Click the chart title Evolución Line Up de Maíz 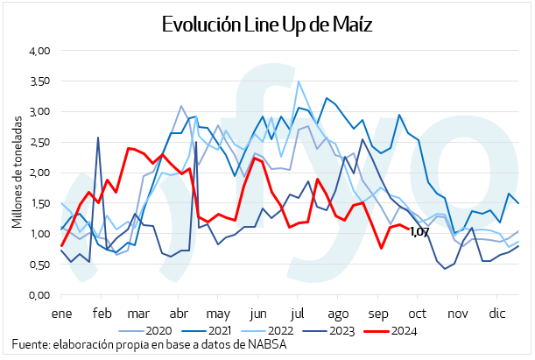(268, 25)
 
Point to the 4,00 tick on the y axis (40, 51)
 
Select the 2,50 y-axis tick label (40, 142)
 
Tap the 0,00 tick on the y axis (40, 295)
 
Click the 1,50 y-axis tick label (40, 203)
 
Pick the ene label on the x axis (61, 313)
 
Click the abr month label (180, 313)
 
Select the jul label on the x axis (298, 313)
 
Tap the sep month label (378, 313)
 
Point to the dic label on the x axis (497, 313)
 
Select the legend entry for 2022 (289, 332)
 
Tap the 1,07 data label (419, 232)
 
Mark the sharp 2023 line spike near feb (97, 138)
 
